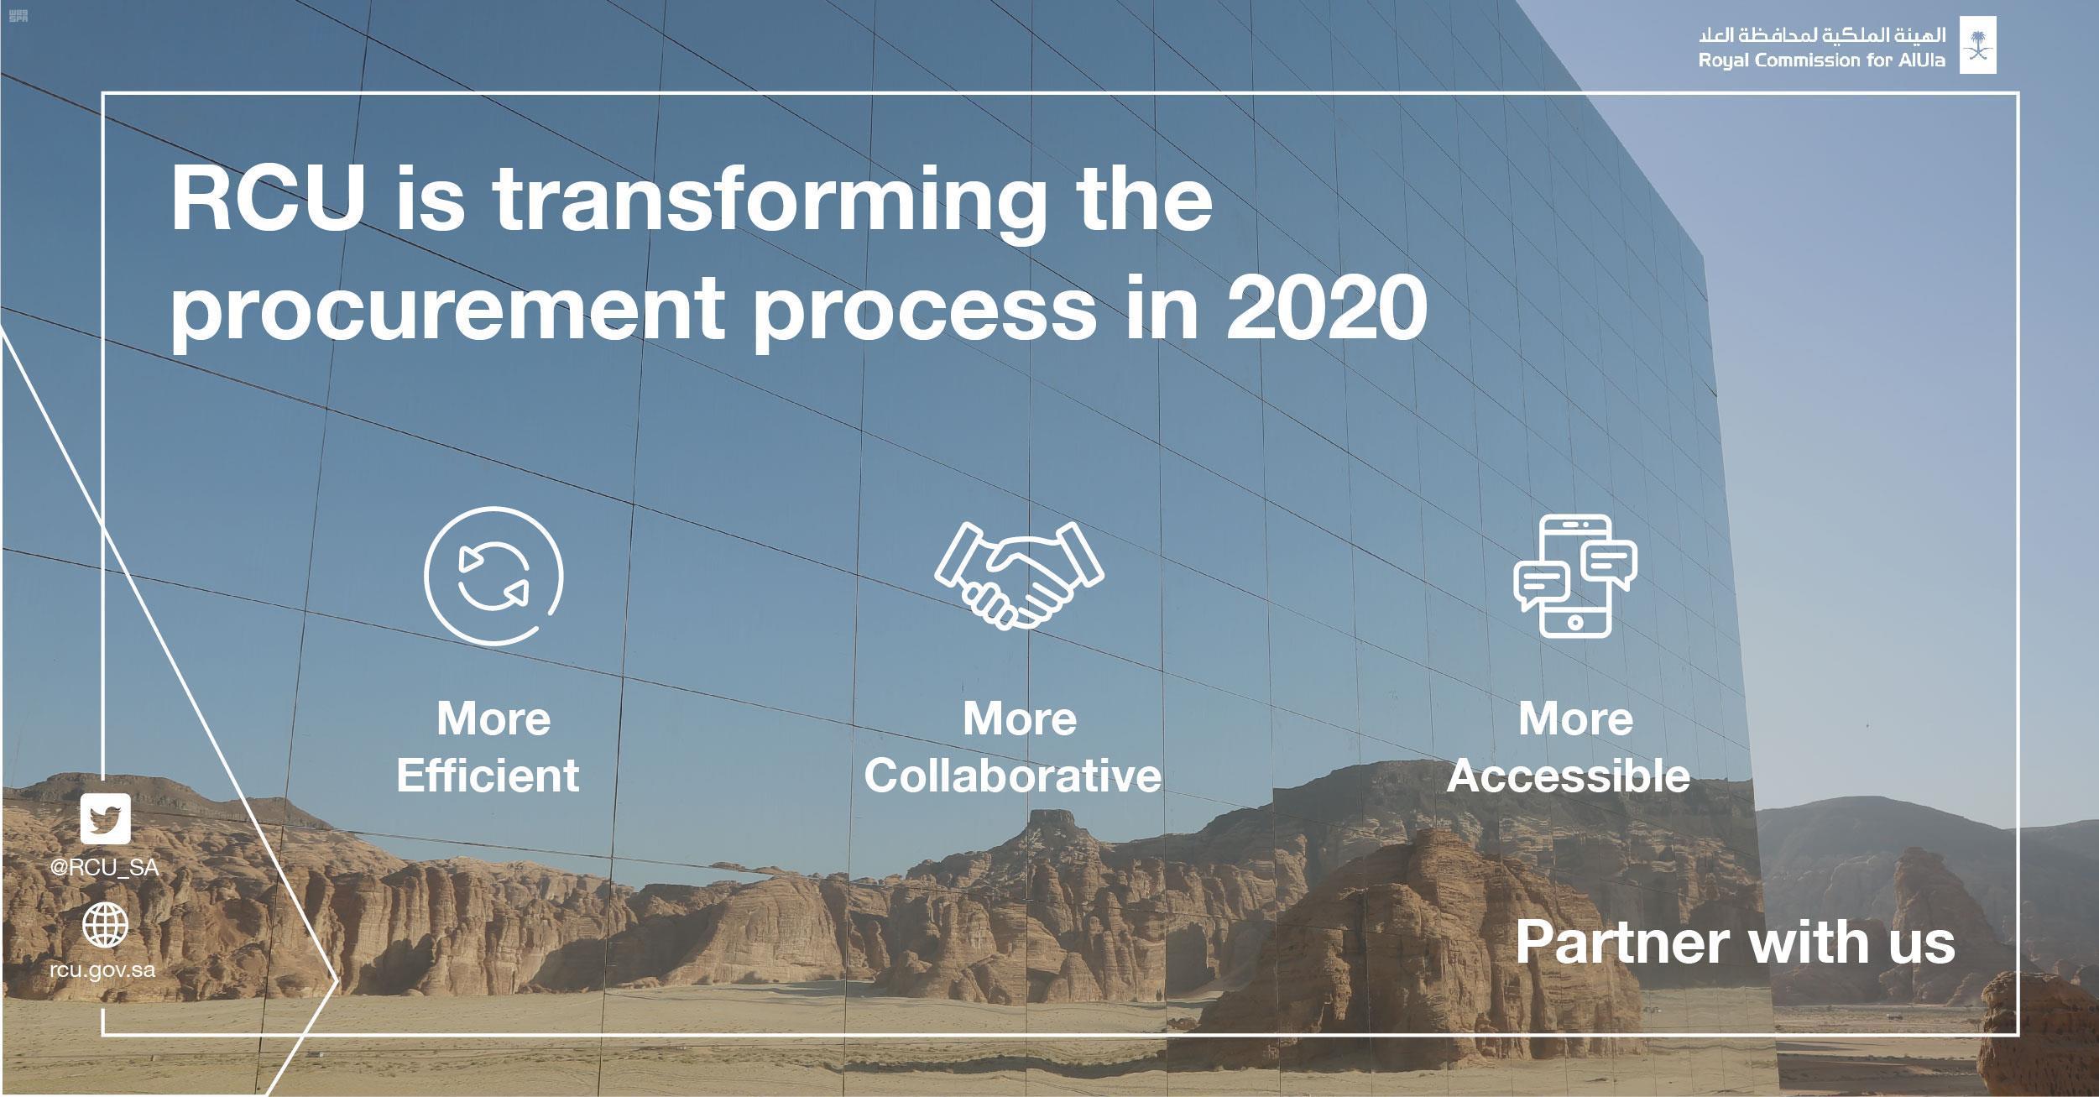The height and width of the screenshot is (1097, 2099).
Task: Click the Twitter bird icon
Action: pos(106,818)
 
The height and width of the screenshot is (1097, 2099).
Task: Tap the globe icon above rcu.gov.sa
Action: pos(106,926)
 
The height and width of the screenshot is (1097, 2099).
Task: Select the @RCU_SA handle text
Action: pos(105,868)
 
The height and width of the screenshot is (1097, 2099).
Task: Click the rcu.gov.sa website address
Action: pos(102,970)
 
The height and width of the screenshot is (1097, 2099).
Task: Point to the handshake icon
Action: pos(1020,576)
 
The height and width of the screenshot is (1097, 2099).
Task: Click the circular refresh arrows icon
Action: pos(493,577)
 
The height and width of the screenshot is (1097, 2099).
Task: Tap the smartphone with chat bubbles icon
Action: pos(1575,576)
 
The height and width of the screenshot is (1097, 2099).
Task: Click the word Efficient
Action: pos(488,775)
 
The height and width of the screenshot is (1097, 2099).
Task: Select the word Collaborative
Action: pos(1013,775)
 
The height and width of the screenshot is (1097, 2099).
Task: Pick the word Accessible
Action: pos(1569,775)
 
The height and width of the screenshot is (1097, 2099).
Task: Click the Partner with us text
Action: pos(1736,942)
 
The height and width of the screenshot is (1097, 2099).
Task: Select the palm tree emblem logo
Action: pos(1977,45)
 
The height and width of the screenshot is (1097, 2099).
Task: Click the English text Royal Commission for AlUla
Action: pos(1821,60)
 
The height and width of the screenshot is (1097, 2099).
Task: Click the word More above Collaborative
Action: pos(1020,719)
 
